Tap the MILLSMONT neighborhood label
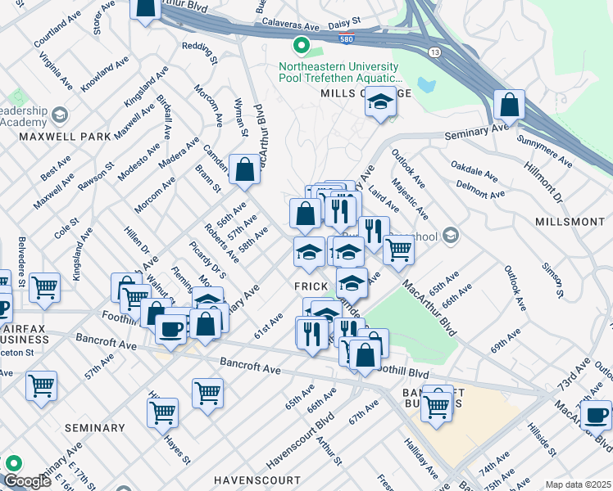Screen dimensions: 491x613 569,222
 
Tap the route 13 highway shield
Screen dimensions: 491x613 434,52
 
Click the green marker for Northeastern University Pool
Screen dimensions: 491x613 301,46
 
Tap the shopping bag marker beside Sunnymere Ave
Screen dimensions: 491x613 510,106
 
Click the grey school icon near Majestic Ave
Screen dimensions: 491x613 449,236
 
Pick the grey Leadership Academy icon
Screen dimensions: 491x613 59,114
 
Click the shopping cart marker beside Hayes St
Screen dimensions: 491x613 163,412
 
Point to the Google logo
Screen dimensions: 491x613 27,481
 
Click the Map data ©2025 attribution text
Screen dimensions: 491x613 578,484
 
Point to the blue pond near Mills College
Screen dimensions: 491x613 425,84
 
